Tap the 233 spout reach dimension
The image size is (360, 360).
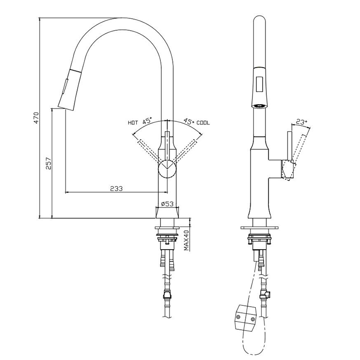(x=116, y=189)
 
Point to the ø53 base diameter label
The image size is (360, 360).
(x=167, y=204)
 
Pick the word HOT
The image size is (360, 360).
(x=133, y=123)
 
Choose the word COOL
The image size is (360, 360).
(x=203, y=123)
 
